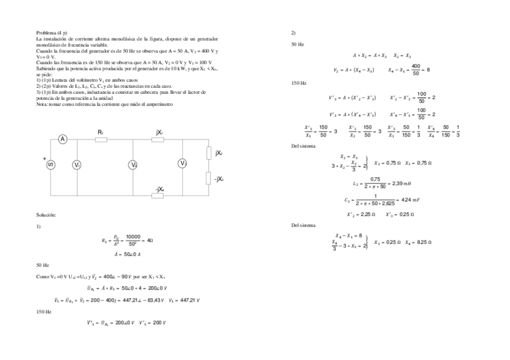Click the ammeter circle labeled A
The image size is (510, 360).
[62, 139]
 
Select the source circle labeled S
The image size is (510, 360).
[51, 165]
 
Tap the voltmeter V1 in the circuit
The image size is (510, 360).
[77, 165]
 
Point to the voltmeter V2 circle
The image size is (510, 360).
[134, 165]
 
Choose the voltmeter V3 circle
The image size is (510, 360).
[182, 162]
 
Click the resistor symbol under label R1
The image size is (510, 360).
[101, 139]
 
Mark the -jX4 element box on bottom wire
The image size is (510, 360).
[158, 195]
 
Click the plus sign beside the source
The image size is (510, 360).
[44, 159]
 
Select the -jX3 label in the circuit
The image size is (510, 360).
[219, 178]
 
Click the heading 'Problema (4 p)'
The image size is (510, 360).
[52, 32]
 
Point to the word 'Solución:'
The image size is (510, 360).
[46, 215]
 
